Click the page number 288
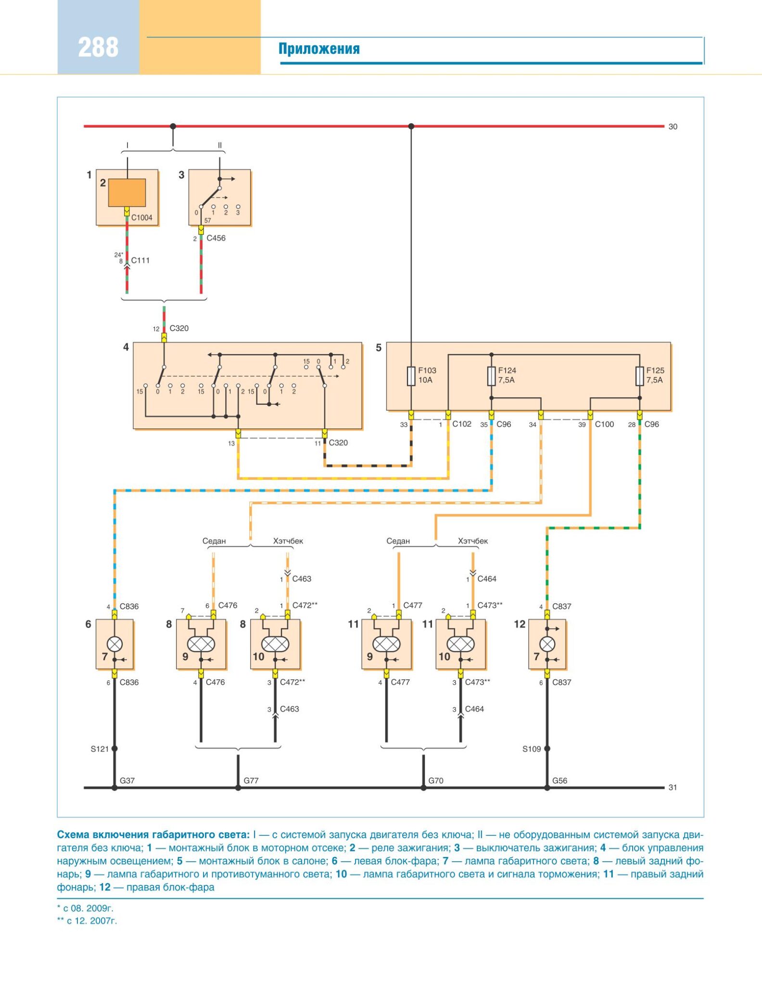click(x=98, y=48)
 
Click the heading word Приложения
click(x=319, y=49)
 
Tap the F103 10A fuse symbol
click(x=411, y=376)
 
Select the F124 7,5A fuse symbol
click(x=491, y=376)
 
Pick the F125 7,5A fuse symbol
click(x=639, y=376)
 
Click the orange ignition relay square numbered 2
click(x=127, y=193)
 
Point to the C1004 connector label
click(x=141, y=218)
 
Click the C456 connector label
click(x=216, y=238)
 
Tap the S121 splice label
click(x=100, y=749)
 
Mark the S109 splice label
click(x=532, y=749)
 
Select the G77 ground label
click(x=251, y=780)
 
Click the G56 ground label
click(x=559, y=780)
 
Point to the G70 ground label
click(x=436, y=780)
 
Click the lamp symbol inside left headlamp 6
click(x=114, y=644)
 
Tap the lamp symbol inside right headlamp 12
click(x=547, y=644)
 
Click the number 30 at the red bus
click(x=673, y=127)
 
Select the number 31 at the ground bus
click(x=673, y=788)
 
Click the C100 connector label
click(x=604, y=424)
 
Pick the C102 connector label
click(x=462, y=424)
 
